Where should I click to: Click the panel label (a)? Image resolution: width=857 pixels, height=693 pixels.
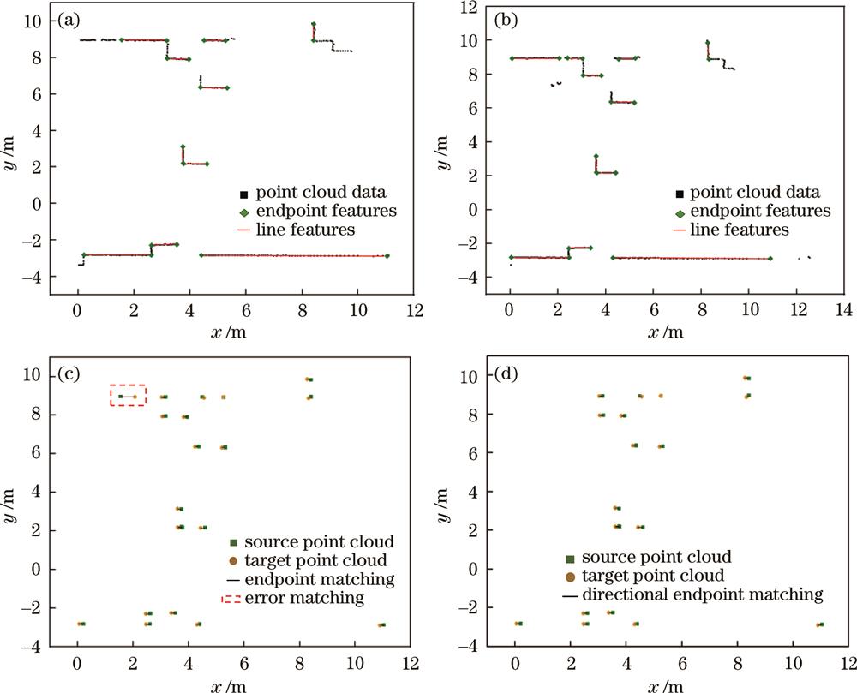[70, 18]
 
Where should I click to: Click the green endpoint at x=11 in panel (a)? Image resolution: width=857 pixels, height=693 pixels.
[387, 256]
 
